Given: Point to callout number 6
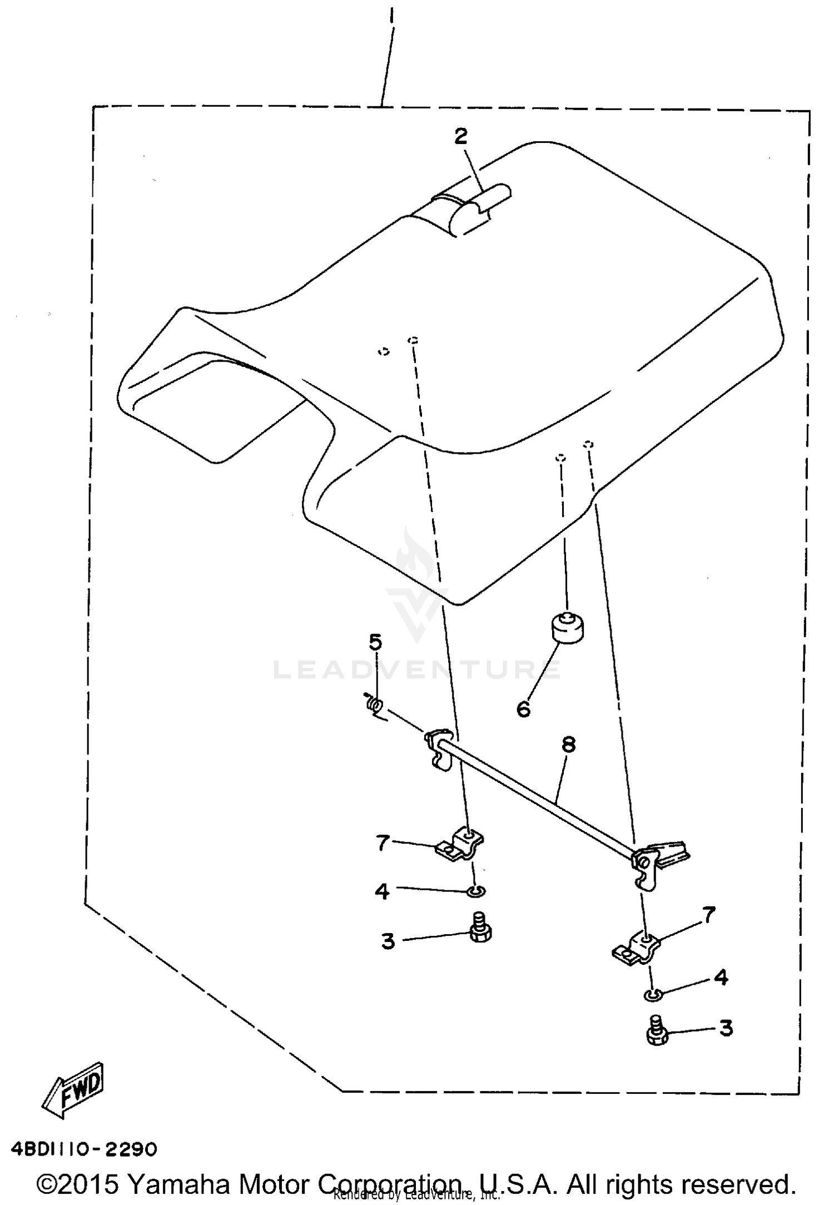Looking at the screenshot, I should tap(523, 710).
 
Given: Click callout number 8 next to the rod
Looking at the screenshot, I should tap(568, 745).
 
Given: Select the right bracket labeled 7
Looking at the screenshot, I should tap(636, 949).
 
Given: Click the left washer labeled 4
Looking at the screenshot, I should tap(476, 891).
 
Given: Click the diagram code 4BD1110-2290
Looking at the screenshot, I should tap(84, 1148).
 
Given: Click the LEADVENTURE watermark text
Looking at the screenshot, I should tap(417, 670).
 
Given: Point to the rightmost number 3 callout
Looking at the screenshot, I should tap(726, 1028).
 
